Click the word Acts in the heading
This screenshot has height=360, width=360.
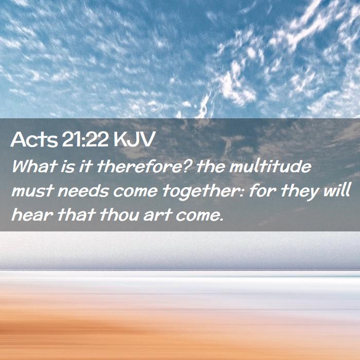coord(34,139)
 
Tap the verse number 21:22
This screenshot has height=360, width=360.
coord(85,139)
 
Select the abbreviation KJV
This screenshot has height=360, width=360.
coord(134,139)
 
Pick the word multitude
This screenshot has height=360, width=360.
coord(270,166)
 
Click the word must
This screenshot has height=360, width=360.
coord(32,191)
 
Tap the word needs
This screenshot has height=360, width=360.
coord(83,191)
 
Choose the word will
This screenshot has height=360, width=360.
coord(336,190)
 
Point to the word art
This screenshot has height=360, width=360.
coord(158,215)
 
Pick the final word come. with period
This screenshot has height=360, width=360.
coord(200,216)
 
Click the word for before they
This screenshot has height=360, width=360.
coord(263,190)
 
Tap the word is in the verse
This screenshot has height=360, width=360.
coord(68,167)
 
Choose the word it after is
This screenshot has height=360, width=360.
coord(86,167)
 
